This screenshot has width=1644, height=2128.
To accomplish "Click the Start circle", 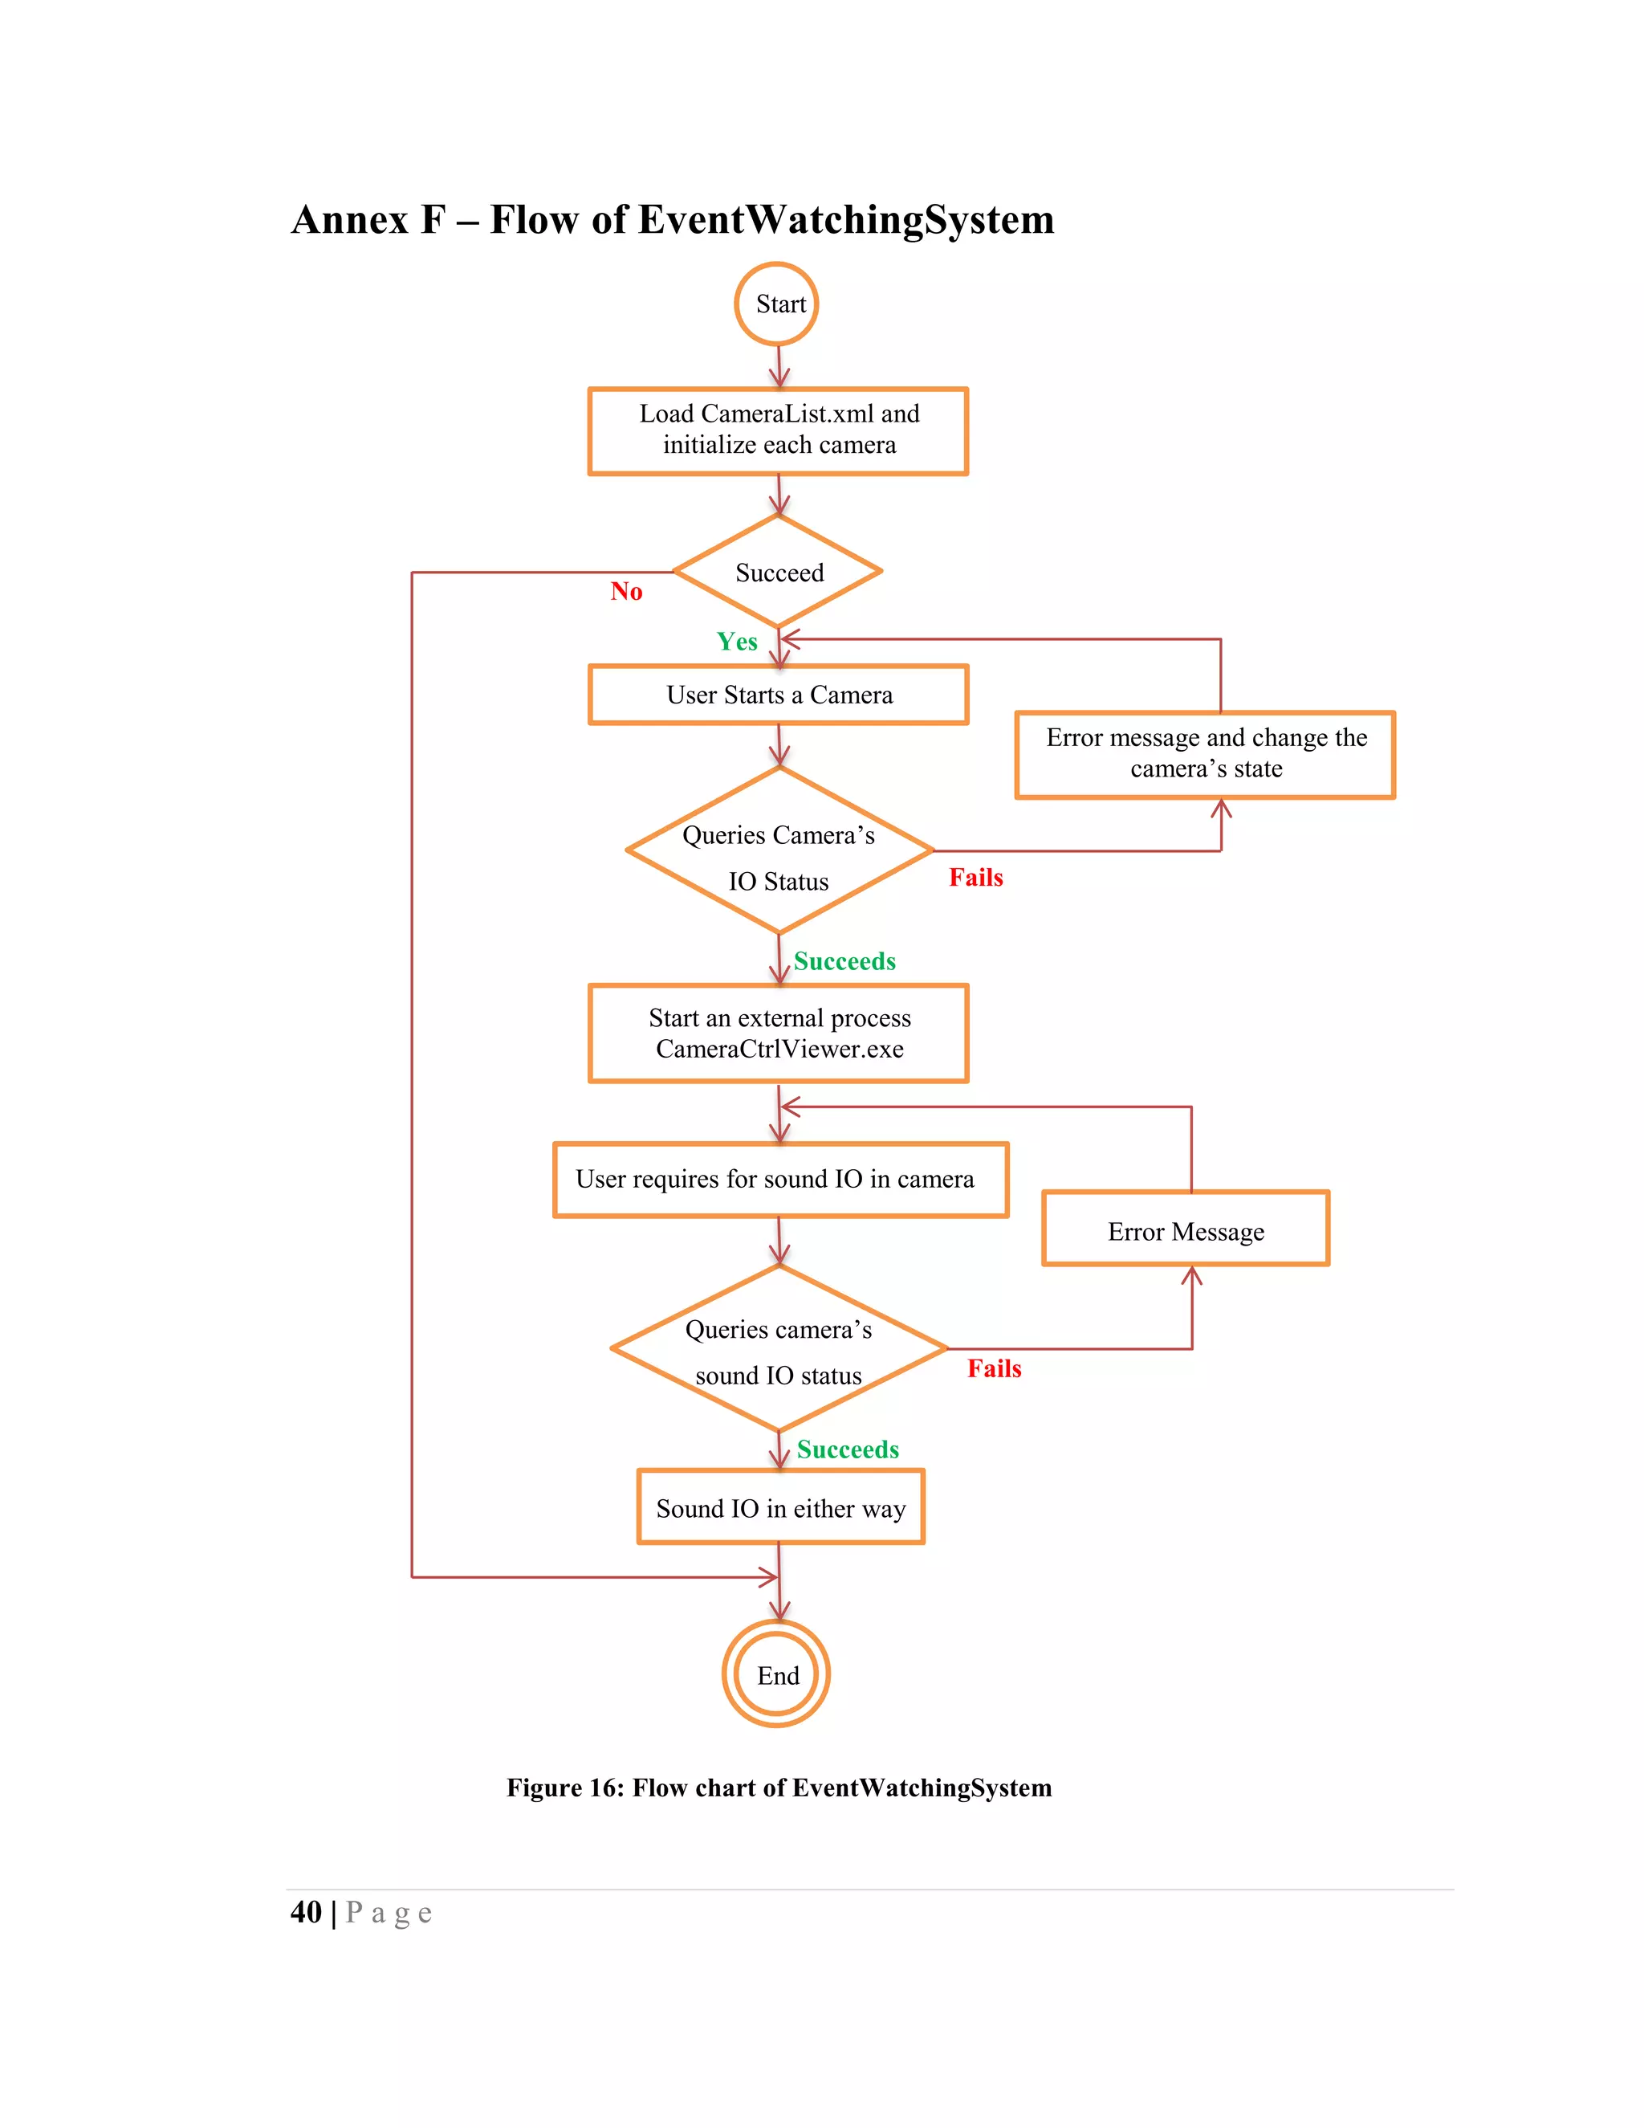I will coord(776,304).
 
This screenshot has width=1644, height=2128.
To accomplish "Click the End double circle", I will coord(776,1675).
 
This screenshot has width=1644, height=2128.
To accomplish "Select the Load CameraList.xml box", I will coord(778,430).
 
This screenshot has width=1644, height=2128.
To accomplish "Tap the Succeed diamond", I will coord(778,572).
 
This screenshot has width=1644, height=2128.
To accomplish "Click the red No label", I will coord(626,592).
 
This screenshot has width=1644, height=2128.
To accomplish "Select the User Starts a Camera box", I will coord(778,695).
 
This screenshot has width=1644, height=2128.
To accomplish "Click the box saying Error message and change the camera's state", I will coord(1205,754).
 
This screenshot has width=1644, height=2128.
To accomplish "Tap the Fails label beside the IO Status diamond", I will coord(976,878).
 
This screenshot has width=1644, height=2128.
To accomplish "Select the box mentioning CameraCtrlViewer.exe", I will coord(778,1033).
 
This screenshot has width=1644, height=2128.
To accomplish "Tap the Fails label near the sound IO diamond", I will coord(995,1369).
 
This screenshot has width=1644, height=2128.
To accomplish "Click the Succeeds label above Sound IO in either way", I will coord(848,1449).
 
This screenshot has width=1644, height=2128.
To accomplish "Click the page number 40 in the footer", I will coord(306,1912).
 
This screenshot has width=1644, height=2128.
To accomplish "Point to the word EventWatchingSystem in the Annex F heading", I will coord(845,219).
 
